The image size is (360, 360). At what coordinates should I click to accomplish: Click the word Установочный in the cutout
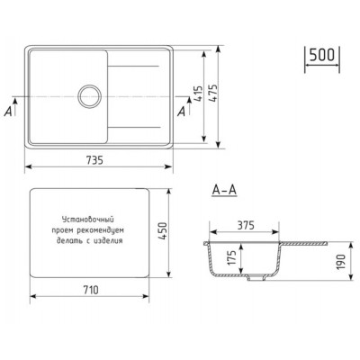coord(87,220)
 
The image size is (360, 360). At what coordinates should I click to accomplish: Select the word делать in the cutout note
coord(70,241)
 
